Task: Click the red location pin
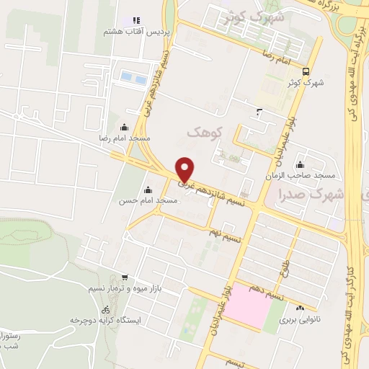coord(185,169)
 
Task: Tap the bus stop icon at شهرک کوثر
coord(306,71)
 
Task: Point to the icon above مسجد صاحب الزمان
coord(300,165)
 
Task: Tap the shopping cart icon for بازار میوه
coord(125,277)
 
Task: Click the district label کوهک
coord(203,132)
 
